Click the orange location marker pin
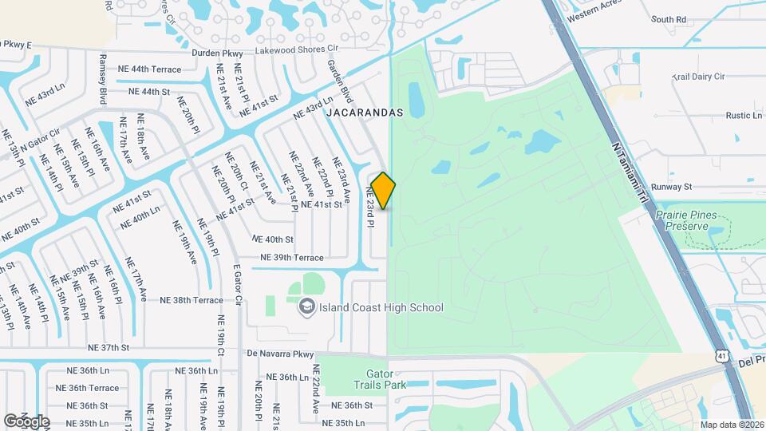[384, 191]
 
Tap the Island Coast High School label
[381, 307]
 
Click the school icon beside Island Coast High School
[306, 306]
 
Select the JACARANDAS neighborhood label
[363, 113]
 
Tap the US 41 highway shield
[722, 354]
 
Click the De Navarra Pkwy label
[280, 353]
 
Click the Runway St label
[670, 187]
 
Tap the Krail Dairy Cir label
[698, 77]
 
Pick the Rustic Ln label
[744, 116]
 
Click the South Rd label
[669, 19]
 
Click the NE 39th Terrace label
[291, 258]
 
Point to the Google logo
[27, 421]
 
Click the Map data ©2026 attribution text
[732, 425]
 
